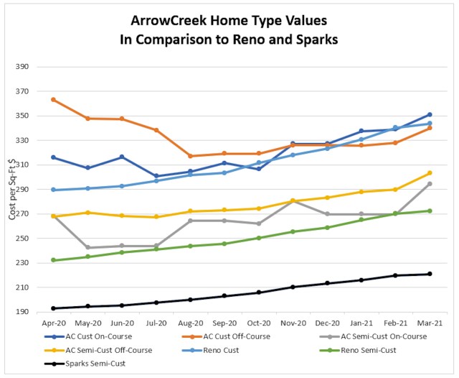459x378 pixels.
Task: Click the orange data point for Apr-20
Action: [x=54, y=99]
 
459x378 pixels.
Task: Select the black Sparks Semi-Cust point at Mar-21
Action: [x=429, y=274]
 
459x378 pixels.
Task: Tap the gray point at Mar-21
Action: [x=429, y=184]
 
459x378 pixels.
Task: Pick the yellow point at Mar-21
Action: [x=429, y=172]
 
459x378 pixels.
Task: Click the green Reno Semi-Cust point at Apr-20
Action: [x=54, y=260]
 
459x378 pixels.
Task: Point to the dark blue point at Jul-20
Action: [x=156, y=176]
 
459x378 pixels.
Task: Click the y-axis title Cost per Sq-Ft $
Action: [x=10, y=190]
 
